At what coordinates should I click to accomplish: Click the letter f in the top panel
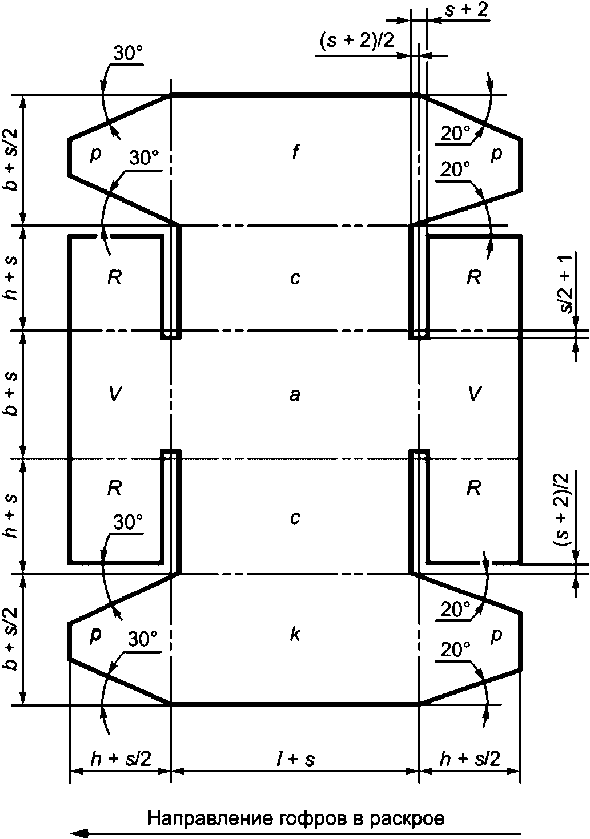click(x=295, y=153)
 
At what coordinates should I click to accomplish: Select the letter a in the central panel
click(x=294, y=394)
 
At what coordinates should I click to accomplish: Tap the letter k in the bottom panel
click(x=295, y=634)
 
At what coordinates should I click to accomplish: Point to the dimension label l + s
click(x=294, y=759)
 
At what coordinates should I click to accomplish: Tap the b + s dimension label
click(x=11, y=394)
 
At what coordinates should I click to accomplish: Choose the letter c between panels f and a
click(x=295, y=278)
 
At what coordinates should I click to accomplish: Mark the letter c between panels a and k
click(x=295, y=518)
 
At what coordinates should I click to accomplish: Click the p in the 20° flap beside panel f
click(x=496, y=154)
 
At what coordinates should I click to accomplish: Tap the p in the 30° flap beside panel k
click(x=95, y=635)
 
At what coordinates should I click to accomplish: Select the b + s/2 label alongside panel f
click(x=11, y=160)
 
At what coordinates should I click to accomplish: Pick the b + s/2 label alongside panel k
click(x=11, y=639)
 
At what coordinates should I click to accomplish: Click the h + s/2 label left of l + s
click(x=121, y=759)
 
